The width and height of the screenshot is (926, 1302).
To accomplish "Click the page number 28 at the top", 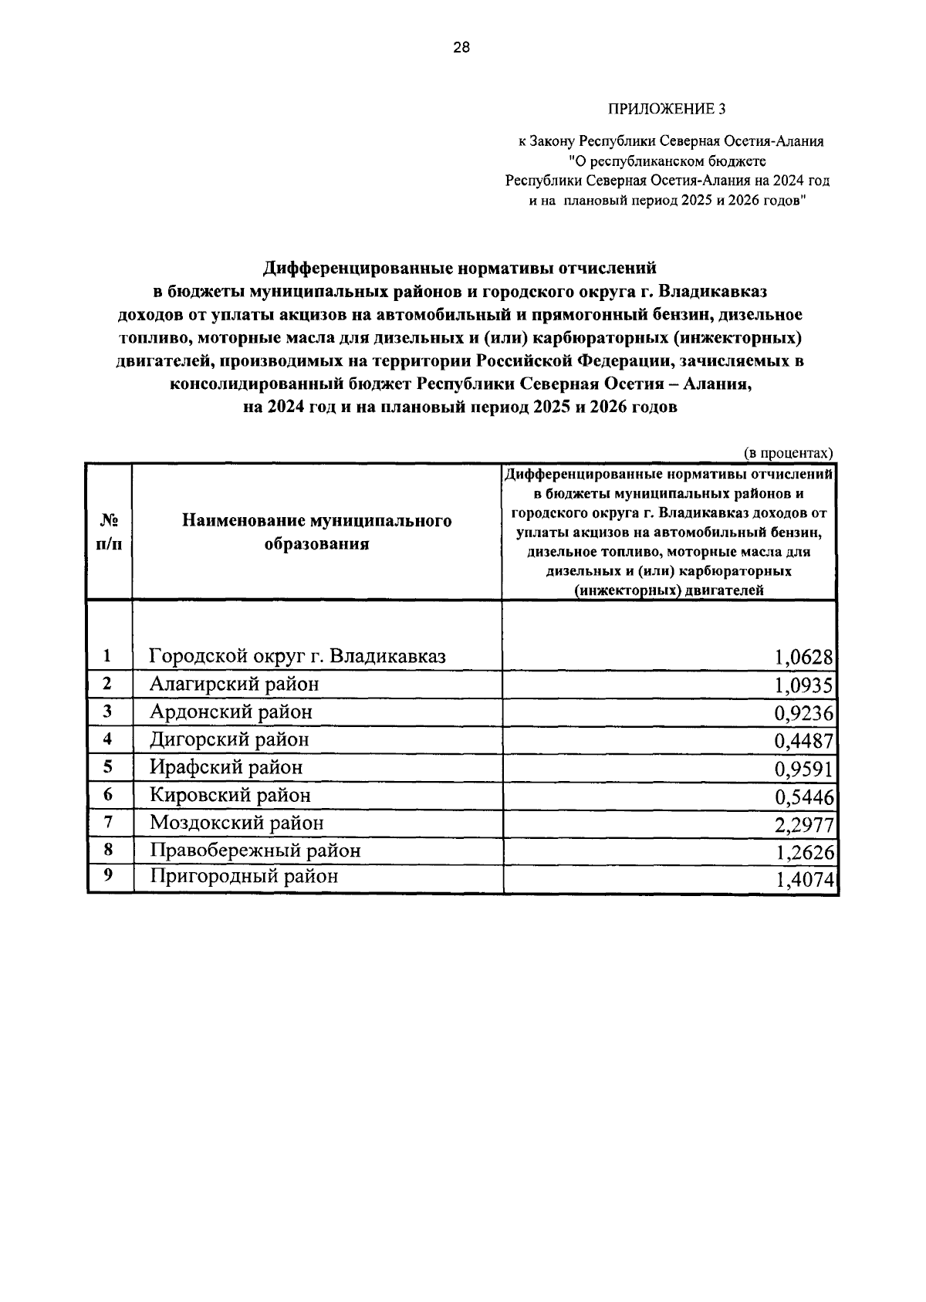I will point(461,48).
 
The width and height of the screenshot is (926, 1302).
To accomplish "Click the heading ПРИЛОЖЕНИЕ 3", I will point(668,109).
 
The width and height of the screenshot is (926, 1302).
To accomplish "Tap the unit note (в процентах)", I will point(788,453).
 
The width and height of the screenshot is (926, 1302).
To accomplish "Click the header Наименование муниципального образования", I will point(316,533).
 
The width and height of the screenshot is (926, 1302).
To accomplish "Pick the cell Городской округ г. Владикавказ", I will point(298,657).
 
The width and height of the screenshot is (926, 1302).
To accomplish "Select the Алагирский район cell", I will point(234,685).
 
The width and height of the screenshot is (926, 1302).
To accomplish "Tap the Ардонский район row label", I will point(231,712).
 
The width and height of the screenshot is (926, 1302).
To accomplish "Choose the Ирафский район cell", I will point(226,768).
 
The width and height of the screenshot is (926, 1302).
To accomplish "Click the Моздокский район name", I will point(236,823).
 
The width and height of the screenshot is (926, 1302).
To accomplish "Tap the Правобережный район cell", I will point(255,851).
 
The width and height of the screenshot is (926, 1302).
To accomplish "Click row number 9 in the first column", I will point(108,876).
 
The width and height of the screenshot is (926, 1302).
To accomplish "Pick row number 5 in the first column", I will point(108,767).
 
